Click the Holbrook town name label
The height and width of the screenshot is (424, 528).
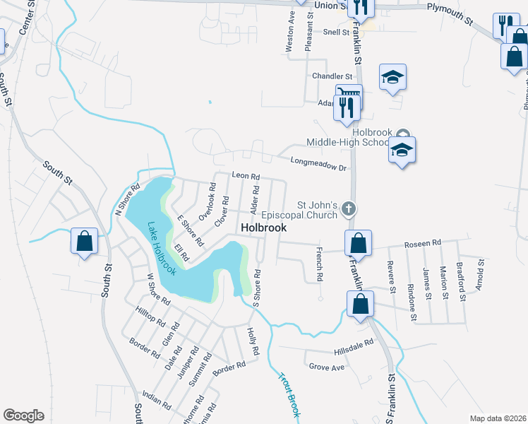(x=264, y=228)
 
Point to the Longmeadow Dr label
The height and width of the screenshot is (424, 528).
(x=322, y=164)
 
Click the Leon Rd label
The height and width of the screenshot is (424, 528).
(x=246, y=176)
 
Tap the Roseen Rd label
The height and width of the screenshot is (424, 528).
(x=422, y=243)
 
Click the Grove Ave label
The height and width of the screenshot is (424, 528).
(x=326, y=367)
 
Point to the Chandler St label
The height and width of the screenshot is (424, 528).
(x=332, y=76)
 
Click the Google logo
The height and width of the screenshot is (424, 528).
(x=23, y=416)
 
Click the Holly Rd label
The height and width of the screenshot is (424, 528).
(x=253, y=341)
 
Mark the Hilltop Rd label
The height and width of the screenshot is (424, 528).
(x=150, y=319)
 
